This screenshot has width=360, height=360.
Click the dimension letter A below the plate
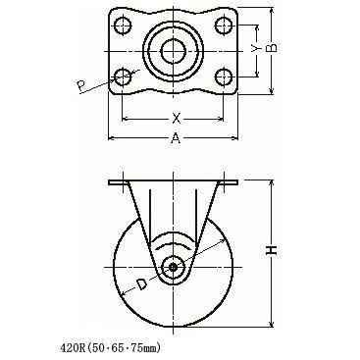(x=176, y=138)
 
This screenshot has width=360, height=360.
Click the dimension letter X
(x=177, y=118)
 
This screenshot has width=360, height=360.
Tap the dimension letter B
(x=272, y=48)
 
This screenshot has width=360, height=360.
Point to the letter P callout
(x=80, y=86)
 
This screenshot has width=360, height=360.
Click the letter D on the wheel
(x=141, y=283)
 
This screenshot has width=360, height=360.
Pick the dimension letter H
(x=272, y=250)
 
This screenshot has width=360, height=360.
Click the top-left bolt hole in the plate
(x=123, y=26)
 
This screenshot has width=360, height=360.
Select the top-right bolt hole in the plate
(x=224, y=26)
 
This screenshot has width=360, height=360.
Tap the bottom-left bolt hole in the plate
(x=123, y=77)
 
